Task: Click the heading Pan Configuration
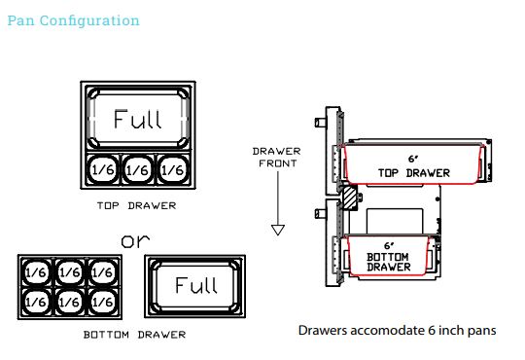(73, 21)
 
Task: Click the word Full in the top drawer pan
(138, 119)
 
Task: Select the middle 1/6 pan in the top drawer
(138, 169)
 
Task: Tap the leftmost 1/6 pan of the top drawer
(103, 169)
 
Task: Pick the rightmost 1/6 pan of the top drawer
(173, 169)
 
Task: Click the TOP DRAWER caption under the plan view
(137, 205)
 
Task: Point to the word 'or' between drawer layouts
(135, 241)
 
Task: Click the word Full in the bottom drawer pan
(196, 285)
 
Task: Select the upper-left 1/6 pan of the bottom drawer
(36, 272)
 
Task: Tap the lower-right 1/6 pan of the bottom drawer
(102, 302)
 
